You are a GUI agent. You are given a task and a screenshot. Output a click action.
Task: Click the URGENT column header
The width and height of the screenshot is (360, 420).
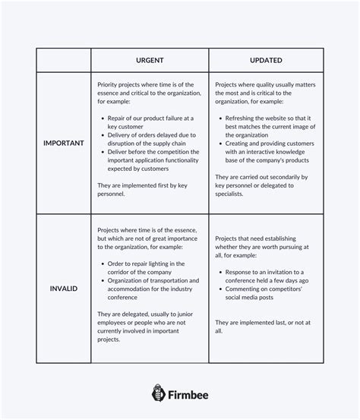coord(150,60)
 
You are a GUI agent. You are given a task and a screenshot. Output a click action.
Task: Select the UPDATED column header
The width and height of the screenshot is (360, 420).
coord(266,60)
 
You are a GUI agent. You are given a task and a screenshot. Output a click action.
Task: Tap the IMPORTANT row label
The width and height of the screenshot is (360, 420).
coord(64,143)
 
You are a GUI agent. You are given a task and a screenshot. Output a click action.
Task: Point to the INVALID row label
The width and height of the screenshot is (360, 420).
coord(64,289)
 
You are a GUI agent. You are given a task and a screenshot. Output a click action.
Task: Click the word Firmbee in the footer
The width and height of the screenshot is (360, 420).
coord(189,393)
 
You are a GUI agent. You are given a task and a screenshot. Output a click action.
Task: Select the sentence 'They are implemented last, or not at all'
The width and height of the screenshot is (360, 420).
coord(263,326)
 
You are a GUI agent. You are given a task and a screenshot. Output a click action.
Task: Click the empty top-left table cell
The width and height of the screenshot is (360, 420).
coord(64,60)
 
